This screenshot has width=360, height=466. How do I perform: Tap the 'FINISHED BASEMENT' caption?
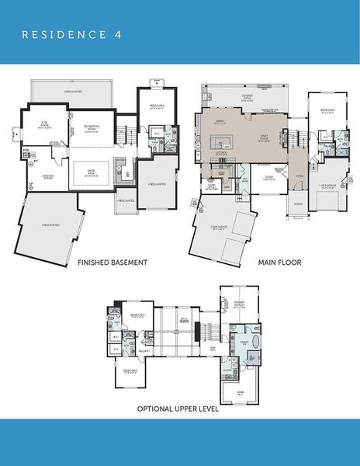[112, 263]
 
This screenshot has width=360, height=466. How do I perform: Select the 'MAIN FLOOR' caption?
[279, 263]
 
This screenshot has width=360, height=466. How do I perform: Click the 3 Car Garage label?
[217, 228]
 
